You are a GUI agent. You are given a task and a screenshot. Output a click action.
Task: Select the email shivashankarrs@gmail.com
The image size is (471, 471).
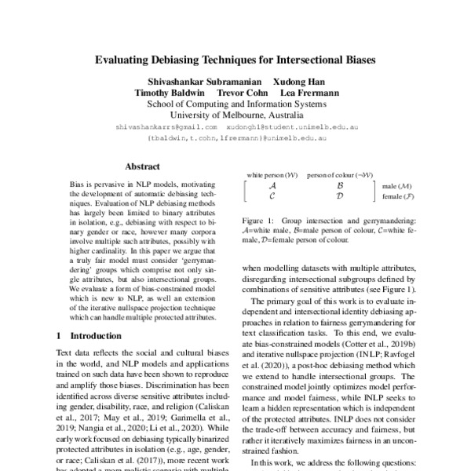[166, 126]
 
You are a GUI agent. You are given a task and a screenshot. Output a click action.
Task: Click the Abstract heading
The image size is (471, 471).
[143, 166]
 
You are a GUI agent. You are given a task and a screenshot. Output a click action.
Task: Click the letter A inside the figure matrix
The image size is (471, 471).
[271, 185]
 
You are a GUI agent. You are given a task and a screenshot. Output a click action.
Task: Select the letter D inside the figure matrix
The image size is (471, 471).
[339, 196]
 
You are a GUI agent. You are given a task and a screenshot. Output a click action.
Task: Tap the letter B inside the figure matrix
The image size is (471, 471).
[339, 185]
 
